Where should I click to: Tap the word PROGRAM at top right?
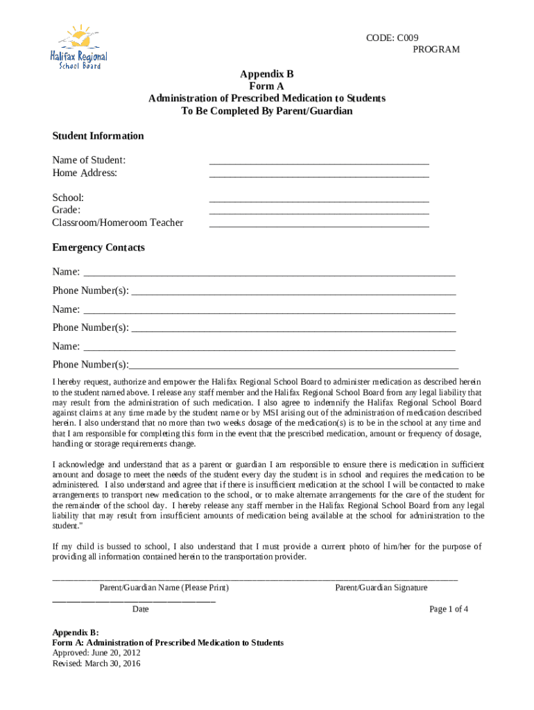tap(436, 49)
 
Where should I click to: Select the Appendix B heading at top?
tap(267, 73)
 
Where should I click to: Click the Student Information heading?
tap(98, 136)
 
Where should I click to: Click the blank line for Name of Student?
tap(319, 163)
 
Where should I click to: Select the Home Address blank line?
tap(319, 175)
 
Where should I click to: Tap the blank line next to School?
tap(319, 200)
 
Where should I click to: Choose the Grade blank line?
tap(319, 213)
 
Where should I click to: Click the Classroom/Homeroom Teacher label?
tap(118, 223)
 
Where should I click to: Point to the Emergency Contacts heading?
tap(98, 248)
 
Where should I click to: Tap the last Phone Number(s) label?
tap(91, 365)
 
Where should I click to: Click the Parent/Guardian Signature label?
tap(381, 587)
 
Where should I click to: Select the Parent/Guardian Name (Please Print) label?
tap(164, 587)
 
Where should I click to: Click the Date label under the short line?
tap(141, 609)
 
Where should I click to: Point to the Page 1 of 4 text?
tap(449, 609)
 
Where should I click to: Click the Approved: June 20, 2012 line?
tap(96, 653)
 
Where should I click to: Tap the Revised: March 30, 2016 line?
tap(96, 664)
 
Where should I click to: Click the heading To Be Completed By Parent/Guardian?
tap(267, 111)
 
